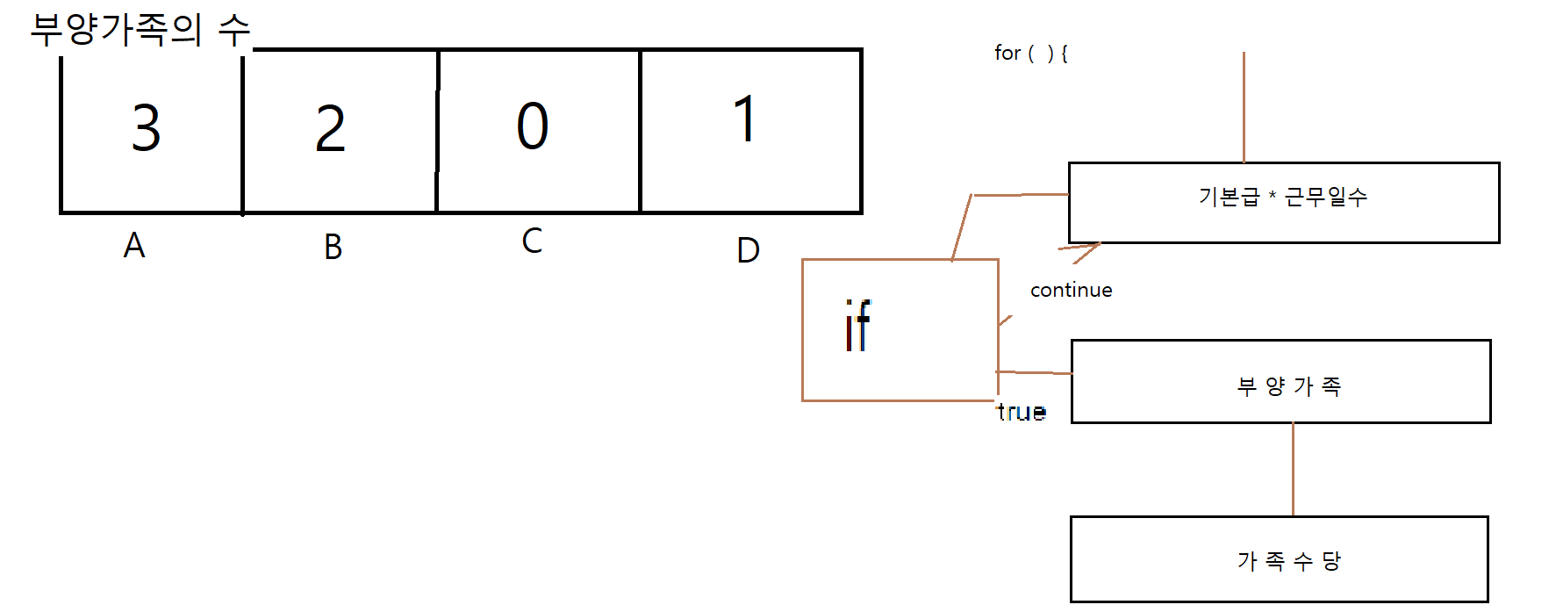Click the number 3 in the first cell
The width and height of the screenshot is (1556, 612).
(147, 128)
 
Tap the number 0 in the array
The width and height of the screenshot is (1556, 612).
(533, 126)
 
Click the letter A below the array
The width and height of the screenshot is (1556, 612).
(134, 246)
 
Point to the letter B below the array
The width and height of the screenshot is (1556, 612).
(333, 248)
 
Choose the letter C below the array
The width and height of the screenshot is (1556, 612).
(532, 241)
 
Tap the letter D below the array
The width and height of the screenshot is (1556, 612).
(748, 251)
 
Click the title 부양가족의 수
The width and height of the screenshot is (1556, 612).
(140, 30)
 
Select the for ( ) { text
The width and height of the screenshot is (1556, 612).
(1031, 54)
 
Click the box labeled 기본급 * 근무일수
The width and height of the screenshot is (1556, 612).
(1283, 202)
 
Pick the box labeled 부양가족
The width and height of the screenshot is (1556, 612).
(1280, 382)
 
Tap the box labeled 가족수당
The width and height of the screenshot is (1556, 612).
(1279, 559)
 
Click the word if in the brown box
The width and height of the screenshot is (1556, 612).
(857, 327)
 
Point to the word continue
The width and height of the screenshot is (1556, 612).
(1071, 291)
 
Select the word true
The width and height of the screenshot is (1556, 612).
(1022, 412)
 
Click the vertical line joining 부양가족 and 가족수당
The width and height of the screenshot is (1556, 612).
(1293, 470)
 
